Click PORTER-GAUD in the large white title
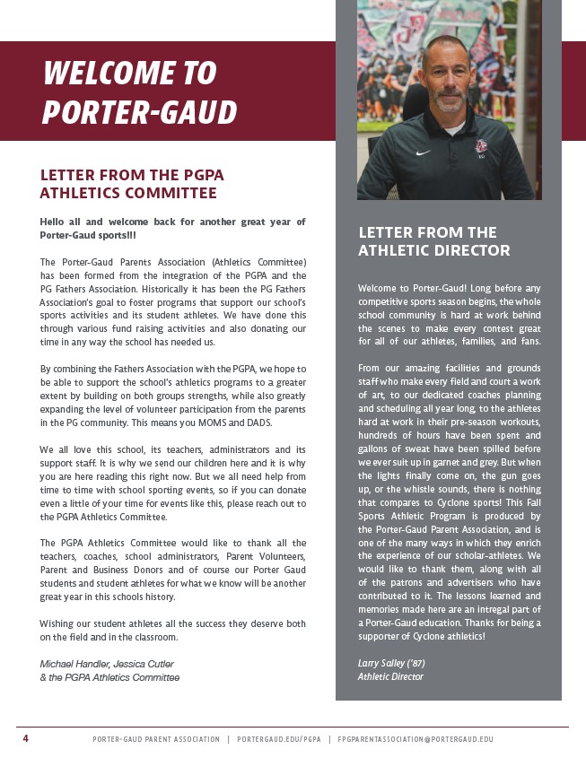(139, 112)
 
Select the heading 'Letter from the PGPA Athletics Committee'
(131, 184)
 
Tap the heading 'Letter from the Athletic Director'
(433, 241)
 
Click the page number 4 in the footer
(25, 738)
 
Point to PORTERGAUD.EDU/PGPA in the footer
(277, 739)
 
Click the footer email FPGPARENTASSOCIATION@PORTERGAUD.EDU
(415, 739)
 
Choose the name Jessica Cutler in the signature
(144, 664)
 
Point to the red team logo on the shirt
(481, 145)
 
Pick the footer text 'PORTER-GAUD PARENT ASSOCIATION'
(155, 739)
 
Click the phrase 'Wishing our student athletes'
(98, 623)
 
